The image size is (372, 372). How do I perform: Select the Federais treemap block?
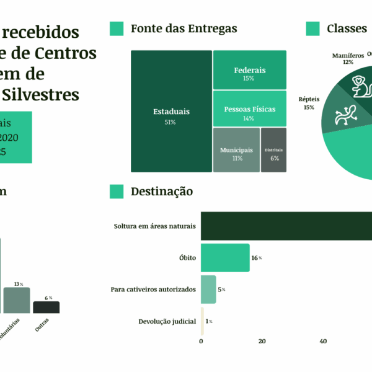[249, 69]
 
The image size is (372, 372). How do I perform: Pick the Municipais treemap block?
[236, 149]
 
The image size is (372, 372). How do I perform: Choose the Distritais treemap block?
[273, 149]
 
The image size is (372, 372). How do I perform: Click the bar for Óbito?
[225, 257]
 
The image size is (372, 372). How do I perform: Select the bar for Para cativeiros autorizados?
[208, 289]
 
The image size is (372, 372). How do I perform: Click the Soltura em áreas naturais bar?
[285, 226]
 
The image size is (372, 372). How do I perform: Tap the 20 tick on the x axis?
[262, 341]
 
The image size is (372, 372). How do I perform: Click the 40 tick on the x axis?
[323, 341]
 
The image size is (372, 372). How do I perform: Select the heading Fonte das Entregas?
[184, 29]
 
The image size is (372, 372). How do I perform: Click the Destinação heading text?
[162, 192]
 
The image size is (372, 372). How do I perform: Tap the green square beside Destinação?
[117, 192]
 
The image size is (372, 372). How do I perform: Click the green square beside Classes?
[313, 29]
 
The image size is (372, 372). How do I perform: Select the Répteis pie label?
[308, 103]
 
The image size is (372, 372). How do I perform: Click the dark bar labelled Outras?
[46, 307]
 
